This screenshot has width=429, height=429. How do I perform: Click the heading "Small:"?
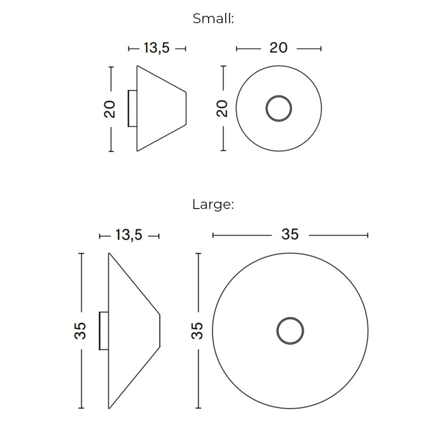click(213, 19)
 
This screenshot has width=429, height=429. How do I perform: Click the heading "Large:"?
click(213, 204)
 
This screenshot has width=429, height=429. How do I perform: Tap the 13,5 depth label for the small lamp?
click(157, 48)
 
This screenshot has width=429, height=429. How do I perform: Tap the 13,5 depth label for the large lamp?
click(129, 235)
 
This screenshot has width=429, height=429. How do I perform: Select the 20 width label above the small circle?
click(278, 48)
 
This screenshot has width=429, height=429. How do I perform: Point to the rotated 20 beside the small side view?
click(110, 109)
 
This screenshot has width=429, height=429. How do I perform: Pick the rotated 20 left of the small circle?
click(223, 109)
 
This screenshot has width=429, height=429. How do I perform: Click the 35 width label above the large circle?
click(290, 235)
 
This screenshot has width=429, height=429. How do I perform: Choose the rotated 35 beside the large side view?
click(80, 330)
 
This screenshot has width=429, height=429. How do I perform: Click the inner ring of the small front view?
click(279, 109)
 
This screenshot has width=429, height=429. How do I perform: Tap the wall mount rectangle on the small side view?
click(132, 108)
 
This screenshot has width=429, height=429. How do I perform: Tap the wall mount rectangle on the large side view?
click(103, 330)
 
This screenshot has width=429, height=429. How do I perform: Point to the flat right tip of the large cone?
click(160, 329)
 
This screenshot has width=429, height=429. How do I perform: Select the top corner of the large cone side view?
click(109, 253)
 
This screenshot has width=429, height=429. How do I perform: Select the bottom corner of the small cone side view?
click(138, 151)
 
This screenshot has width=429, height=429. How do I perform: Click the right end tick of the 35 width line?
click(367, 235)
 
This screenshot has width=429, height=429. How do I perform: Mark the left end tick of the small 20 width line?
click(236, 48)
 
